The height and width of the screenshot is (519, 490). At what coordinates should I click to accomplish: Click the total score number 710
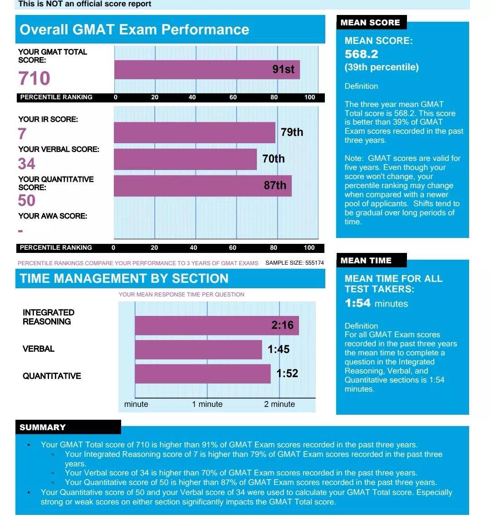(34, 78)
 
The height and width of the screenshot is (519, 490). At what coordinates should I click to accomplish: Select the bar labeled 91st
(207, 69)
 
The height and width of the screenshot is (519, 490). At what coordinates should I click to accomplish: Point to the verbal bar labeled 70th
(185, 159)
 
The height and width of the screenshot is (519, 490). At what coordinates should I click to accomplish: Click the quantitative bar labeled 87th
(202, 186)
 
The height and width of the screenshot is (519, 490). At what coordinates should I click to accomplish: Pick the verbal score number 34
(27, 164)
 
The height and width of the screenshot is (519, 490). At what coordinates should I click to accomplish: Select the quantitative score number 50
(27, 200)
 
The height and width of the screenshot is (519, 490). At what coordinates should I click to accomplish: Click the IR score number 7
(22, 134)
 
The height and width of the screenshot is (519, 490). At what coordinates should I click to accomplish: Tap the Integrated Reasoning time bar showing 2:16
(216, 325)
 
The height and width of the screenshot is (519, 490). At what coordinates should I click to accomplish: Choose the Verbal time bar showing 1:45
(198, 349)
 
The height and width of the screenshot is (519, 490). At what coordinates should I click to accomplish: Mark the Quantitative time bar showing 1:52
(202, 374)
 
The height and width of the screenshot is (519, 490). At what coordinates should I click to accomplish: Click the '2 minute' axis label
(279, 404)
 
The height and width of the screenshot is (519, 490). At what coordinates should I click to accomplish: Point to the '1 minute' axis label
(207, 404)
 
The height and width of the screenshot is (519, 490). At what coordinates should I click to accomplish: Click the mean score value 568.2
(362, 54)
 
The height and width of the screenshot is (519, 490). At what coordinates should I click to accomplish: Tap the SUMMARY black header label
(43, 427)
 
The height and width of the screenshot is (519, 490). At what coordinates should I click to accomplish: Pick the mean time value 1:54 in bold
(358, 303)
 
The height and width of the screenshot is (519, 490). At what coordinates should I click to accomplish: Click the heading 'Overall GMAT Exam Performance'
(134, 29)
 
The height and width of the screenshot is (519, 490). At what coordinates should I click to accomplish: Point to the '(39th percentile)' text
(382, 68)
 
